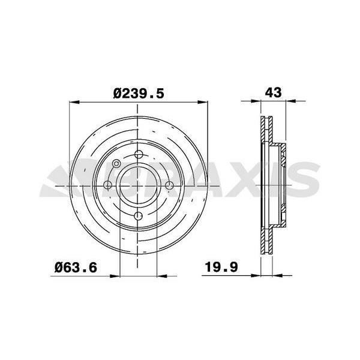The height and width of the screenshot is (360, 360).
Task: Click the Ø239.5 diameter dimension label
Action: tap(139, 94)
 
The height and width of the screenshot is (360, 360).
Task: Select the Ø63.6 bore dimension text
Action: tap(76, 268)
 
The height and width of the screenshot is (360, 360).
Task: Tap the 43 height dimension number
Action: tap(273, 92)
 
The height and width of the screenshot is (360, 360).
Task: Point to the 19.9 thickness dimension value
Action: tap(221, 267)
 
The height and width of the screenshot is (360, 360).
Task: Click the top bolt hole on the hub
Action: tap(139, 154)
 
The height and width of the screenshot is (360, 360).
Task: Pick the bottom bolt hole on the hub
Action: tap(138, 216)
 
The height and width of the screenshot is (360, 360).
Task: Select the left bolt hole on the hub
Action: tap(107, 185)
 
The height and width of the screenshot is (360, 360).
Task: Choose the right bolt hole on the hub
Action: tap(169, 185)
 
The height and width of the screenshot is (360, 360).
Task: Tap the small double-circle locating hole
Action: tap(116, 163)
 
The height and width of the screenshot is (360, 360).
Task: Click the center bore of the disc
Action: tap(139, 185)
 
